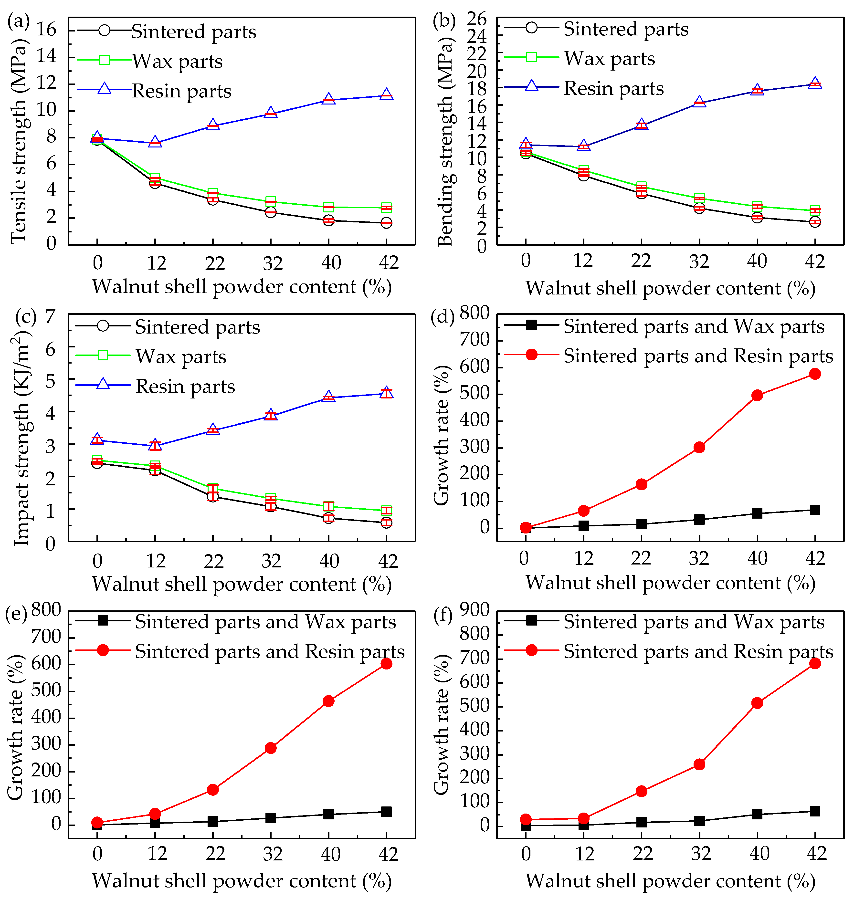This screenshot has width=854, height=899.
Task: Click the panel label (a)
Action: [19, 21]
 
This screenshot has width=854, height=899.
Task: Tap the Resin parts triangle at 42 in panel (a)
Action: [386, 94]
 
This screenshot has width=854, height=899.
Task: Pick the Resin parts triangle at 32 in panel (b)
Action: [699, 102]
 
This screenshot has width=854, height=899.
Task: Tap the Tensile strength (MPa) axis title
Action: [19, 141]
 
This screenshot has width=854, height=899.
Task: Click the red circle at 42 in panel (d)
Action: [815, 374]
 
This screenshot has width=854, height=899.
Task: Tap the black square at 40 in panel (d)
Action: [757, 513]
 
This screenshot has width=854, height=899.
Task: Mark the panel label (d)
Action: [443, 317]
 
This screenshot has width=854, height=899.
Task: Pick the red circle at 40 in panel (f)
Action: [757, 703]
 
